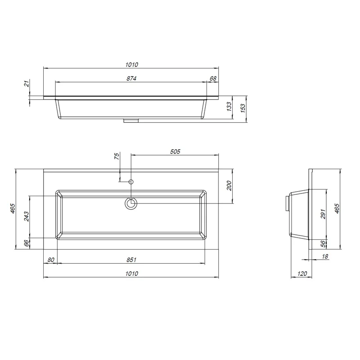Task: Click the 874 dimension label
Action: (131, 78)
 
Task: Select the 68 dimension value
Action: (213, 78)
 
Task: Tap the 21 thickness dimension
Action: (27, 84)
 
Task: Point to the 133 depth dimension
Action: (229, 107)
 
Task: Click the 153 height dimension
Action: (243, 108)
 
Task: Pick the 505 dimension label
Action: (175, 152)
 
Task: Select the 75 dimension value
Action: (117, 156)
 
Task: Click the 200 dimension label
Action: (229, 186)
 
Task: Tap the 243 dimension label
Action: (27, 216)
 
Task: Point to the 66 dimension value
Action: (27, 243)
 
